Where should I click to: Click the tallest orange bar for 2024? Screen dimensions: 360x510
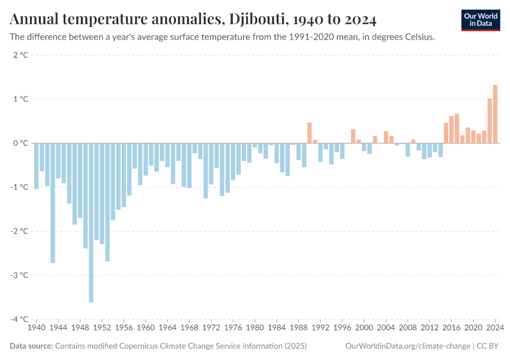pyautogui.click(x=495, y=114)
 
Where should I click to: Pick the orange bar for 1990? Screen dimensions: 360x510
pyautogui.click(x=310, y=133)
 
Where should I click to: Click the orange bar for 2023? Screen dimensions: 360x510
pyautogui.click(x=490, y=121)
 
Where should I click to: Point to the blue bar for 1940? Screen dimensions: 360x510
pyautogui.click(x=37, y=166)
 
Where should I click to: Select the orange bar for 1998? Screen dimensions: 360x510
pyautogui.click(x=353, y=136)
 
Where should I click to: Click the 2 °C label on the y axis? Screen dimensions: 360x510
pyautogui.click(x=20, y=55)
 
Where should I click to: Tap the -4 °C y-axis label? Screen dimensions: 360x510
pyautogui.click(x=19, y=319)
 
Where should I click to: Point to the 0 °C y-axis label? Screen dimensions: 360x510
pyautogui.click(x=20, y=143)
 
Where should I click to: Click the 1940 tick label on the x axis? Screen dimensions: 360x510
pyautogui.click(x=37, y=328)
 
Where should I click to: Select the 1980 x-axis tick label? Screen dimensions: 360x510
pyautogui.click(x=255, y=328)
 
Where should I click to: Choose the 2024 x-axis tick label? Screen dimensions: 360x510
pyautogui.click(x=495, y=328)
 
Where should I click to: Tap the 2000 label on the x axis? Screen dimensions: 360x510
pyautogui.click(x=364, y=328)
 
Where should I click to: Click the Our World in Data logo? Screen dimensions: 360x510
pyautogui.click(x=481, y=20)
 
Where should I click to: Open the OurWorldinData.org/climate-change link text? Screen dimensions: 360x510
pyautogui.click(x=408, y=346)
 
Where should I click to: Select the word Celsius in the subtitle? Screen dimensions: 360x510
pyautogui.click(x=418, y=37)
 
